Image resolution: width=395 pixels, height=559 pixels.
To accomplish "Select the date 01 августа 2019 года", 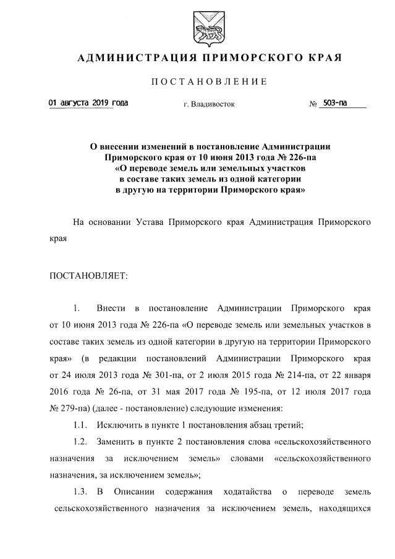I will [x=89, y=103].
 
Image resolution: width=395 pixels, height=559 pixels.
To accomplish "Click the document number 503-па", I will [x=334, y=103].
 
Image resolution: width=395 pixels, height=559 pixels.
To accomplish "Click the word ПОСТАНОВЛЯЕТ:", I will [x=88, y=275].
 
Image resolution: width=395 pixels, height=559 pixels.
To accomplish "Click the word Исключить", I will [x=119, y=426].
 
